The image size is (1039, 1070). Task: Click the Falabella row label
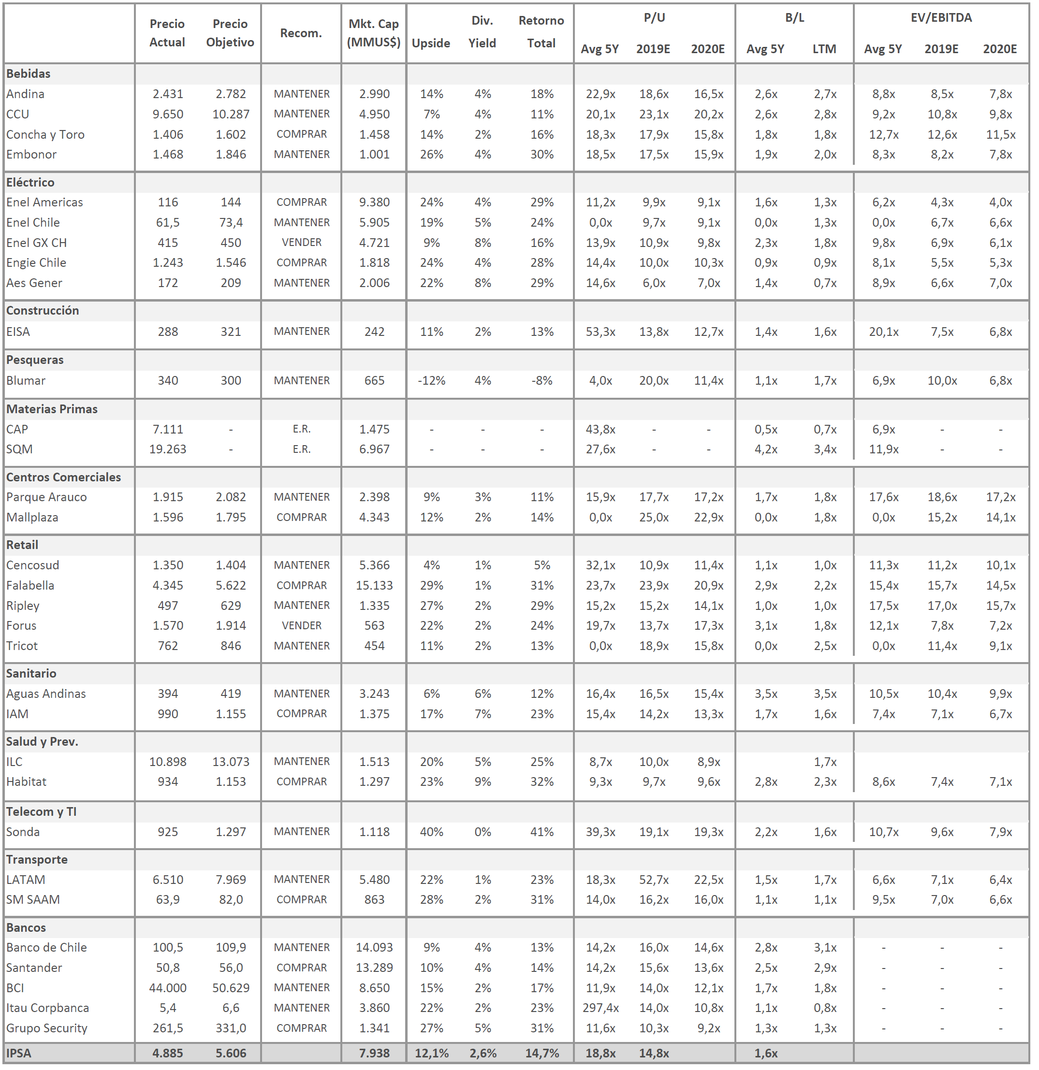point(30,585)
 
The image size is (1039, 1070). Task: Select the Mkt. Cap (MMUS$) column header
point(374,33)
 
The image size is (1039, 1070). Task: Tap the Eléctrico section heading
point(30,182)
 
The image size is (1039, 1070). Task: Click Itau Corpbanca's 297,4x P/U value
point(600,1008)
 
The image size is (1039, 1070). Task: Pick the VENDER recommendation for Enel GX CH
point(302,243)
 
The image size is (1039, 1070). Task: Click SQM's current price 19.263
point(168,449)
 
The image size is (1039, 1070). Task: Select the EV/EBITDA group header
point(941,17)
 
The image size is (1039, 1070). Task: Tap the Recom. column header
point(301,33)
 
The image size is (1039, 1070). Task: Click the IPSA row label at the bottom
point(18,1053)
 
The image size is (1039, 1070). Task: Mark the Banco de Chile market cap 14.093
point(374,947)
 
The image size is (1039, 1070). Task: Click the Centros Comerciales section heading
point(63,477)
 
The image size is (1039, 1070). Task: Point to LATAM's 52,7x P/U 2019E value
point(654,880)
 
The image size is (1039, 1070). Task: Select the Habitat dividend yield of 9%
point(483,782)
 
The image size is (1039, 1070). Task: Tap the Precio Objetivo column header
point(230,33)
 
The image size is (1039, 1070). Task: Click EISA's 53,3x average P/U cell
point(600,332)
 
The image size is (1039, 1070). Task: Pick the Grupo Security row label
point(47,1028)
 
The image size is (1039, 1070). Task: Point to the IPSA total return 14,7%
point(541,1053)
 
